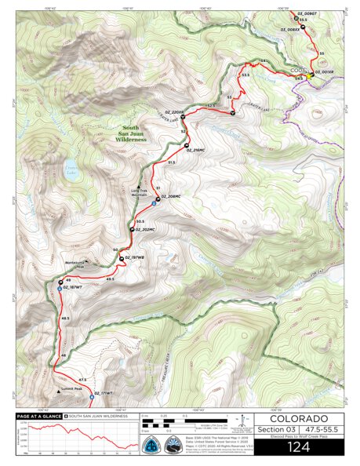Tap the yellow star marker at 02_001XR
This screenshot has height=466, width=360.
[310, 76]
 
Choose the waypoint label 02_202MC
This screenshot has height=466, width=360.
[146, 230]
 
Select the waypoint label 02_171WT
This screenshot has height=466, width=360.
[102, 393]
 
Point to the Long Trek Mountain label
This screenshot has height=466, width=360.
[138, 191]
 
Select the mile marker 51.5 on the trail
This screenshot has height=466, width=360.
[171, 161]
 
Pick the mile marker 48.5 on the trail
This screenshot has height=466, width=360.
[65, 319]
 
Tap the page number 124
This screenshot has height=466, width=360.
[299, 448]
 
